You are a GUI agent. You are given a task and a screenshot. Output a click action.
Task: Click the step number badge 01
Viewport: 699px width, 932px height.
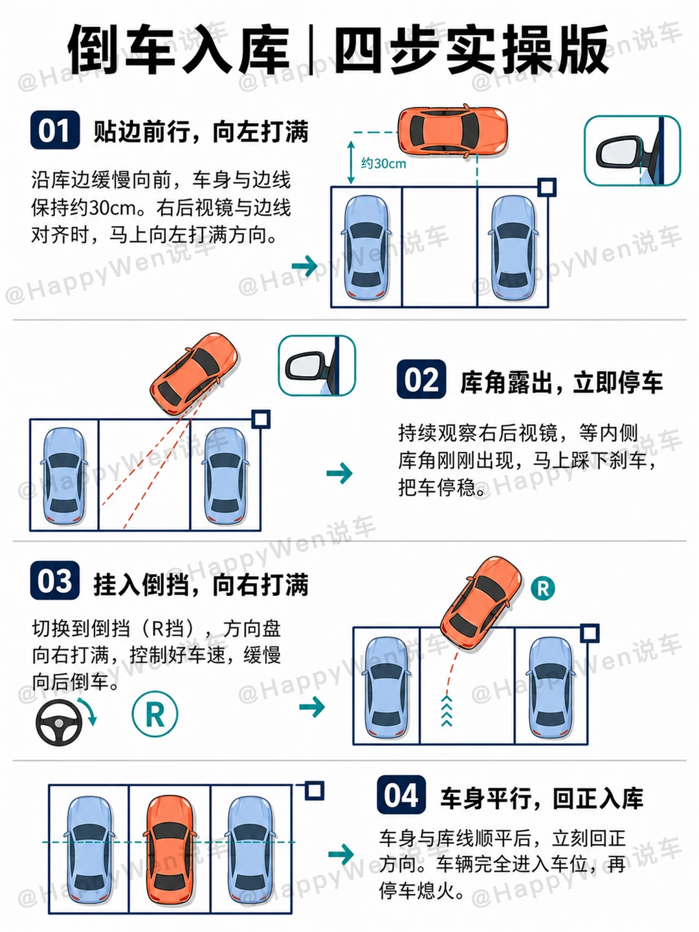55,130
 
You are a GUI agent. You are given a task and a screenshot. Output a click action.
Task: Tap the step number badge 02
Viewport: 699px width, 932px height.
421,379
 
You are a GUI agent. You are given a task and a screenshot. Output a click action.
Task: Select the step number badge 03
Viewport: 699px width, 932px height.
55,580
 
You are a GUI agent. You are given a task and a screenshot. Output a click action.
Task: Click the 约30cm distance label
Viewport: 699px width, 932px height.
384,164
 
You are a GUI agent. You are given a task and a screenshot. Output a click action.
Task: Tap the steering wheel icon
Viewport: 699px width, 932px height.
59,722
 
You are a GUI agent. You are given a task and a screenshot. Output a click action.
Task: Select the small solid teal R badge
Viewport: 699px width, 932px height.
543,588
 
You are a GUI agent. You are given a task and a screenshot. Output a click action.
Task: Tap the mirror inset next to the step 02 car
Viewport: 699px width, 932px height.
316,366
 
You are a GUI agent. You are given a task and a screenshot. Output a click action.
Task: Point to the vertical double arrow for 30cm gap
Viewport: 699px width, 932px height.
351,162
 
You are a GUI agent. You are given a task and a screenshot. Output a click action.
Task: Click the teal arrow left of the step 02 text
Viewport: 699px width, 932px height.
340,473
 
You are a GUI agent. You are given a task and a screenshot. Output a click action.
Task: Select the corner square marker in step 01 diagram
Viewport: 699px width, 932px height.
547,187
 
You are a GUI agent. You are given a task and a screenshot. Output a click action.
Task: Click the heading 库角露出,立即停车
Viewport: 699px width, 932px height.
561,383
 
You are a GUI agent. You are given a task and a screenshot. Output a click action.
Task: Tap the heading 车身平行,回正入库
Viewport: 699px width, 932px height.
542,798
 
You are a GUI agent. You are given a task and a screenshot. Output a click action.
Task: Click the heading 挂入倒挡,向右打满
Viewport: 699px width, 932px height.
201,584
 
